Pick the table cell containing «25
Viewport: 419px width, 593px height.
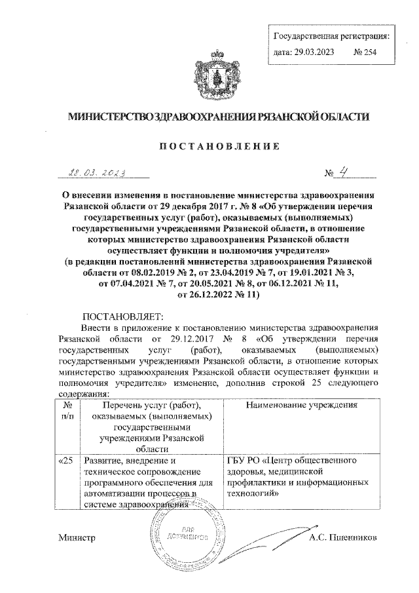[x=65, y=462]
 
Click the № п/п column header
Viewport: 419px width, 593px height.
[x=65, y=411]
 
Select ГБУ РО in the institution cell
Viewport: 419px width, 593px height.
[x=242, y=462]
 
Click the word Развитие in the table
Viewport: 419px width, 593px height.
[x=101, y=462]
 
